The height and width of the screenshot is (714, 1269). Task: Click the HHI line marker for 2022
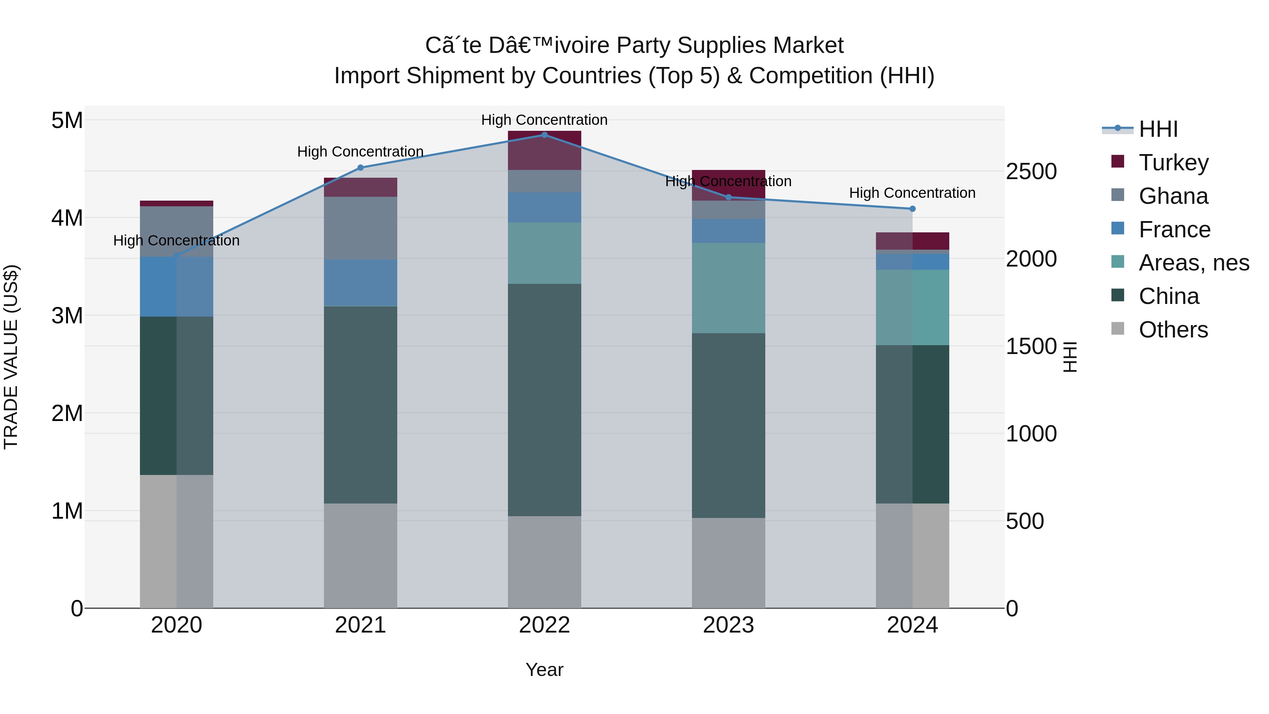point(544,135)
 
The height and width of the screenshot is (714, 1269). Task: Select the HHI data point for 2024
point(912,209)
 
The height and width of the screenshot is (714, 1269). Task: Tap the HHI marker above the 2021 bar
point(360,167)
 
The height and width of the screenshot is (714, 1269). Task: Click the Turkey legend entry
point(1173,163)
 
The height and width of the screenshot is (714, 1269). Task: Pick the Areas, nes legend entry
point(1193,263)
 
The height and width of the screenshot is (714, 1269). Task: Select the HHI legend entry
point(1158,129)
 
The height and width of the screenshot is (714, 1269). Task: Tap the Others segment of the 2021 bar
point(360,555)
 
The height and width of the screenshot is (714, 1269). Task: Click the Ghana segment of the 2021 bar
point(360,228)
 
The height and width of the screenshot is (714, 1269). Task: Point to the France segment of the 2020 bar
point(176,286)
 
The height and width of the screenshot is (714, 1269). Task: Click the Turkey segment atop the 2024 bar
point(912,241)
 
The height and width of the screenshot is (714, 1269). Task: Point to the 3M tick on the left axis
point(67,315)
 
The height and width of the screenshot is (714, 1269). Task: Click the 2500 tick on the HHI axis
point(1031,171)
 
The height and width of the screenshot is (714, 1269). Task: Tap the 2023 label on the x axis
point(728,625)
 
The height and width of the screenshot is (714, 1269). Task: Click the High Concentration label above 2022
point(544,120)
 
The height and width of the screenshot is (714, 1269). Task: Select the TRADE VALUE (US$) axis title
point(11,357)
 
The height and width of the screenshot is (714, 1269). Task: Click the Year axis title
point(544,670)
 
